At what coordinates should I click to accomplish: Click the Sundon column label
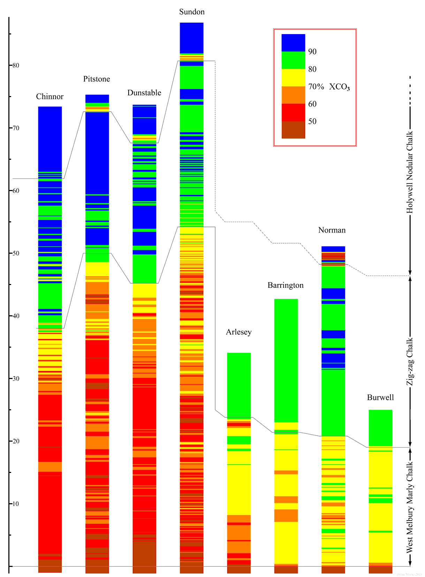192,12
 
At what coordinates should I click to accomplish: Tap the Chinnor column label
50,97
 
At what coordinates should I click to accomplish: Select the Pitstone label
97,79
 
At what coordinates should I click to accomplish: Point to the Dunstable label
144,93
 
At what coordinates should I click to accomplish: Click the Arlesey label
239,332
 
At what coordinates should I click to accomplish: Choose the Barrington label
286,285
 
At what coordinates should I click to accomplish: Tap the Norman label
332,230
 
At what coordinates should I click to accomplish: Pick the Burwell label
380,398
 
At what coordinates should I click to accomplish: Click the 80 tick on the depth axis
15,65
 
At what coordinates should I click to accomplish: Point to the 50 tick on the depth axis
15,253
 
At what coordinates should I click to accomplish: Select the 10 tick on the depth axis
15,504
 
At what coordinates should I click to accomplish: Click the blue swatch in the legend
293,43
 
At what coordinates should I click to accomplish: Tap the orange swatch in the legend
293,95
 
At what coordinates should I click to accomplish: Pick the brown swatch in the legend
293,130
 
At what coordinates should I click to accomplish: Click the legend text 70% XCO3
329,87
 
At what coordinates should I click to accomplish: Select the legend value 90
312,52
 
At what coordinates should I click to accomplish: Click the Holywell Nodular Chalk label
410,172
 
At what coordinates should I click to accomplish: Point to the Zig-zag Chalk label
410,362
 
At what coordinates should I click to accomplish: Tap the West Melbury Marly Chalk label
410,507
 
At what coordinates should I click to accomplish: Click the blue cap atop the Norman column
333,249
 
